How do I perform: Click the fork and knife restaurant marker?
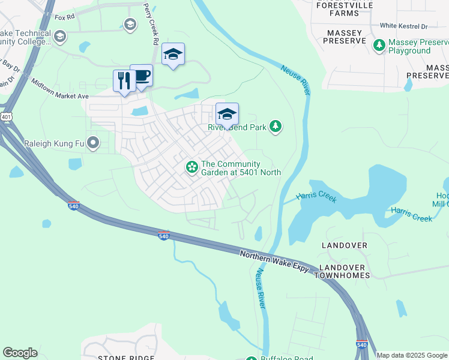[124, 81]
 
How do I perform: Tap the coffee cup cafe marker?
[141, 76]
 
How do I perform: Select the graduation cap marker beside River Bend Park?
[227, 114]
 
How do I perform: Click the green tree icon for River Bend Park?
[276, 126]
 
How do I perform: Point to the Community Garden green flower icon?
[191, 167]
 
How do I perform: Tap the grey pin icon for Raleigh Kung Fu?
[92, 143]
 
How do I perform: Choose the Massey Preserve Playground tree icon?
[379, 45]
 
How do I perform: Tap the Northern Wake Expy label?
[274, 262]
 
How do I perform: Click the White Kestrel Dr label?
[403, 26]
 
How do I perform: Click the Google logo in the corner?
[20, 352]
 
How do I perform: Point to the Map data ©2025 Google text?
[412, 355]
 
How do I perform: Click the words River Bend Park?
[237, 127]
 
